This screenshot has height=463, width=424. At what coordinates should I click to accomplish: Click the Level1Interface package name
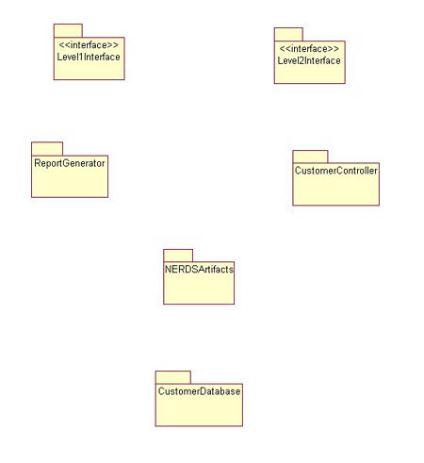coord(89,57)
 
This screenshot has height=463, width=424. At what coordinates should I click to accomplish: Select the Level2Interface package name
coord(309,60)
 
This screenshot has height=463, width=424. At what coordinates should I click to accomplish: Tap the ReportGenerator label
coord(70,163)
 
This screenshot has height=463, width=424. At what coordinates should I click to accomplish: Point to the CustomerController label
coord(335,171)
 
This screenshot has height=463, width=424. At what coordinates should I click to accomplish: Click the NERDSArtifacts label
coord(199,270)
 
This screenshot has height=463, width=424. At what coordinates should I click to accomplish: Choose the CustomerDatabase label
coord(199,391)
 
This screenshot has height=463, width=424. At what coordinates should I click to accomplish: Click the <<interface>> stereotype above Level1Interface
coord(89,45)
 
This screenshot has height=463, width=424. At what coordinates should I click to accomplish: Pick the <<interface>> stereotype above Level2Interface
coord(309,49)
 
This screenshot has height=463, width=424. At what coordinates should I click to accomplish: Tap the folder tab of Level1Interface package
coord(68,31)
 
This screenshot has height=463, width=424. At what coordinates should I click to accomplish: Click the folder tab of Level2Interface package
coord(288,35)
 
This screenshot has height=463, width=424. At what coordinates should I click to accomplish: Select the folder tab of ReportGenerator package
coord(47,149)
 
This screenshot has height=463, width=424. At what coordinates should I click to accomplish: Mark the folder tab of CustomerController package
coord(310,157)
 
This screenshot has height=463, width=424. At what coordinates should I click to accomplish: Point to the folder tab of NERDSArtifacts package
coord(178,256)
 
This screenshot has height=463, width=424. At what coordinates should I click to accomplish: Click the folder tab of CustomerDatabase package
coord(173,377)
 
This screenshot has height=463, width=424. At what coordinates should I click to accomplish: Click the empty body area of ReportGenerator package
coord(70,183)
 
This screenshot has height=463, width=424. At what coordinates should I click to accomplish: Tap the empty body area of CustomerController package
coord(336,190)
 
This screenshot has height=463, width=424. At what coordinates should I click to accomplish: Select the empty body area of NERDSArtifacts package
coord(199,289)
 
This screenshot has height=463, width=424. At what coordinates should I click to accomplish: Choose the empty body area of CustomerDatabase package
coord(199,411)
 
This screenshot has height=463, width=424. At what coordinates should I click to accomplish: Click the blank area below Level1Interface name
coord(90,71)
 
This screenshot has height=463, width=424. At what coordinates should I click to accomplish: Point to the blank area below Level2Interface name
coord(310,74)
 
